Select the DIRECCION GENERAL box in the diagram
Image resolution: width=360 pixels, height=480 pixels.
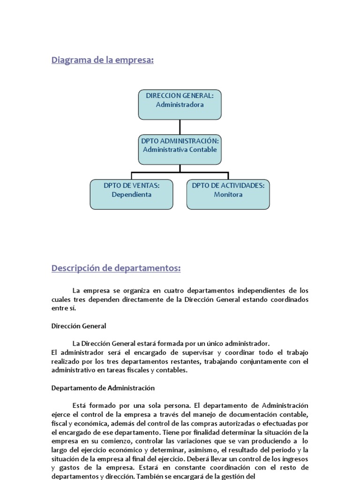(180, 105)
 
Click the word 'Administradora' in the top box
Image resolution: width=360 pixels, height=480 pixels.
(180, 105)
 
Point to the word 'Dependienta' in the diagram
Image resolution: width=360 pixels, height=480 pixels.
(131, 194)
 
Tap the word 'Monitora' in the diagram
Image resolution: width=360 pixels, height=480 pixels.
(228, 194)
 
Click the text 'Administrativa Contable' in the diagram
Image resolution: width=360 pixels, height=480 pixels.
(180, 150)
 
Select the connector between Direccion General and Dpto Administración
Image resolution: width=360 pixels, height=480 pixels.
(180, 127)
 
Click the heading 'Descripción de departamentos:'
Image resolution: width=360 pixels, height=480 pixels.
(116, 268)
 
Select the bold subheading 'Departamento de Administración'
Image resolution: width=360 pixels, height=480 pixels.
(103, 388)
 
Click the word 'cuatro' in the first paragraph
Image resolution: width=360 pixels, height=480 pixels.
(169, 291)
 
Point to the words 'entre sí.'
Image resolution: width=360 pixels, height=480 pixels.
(63, 308)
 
